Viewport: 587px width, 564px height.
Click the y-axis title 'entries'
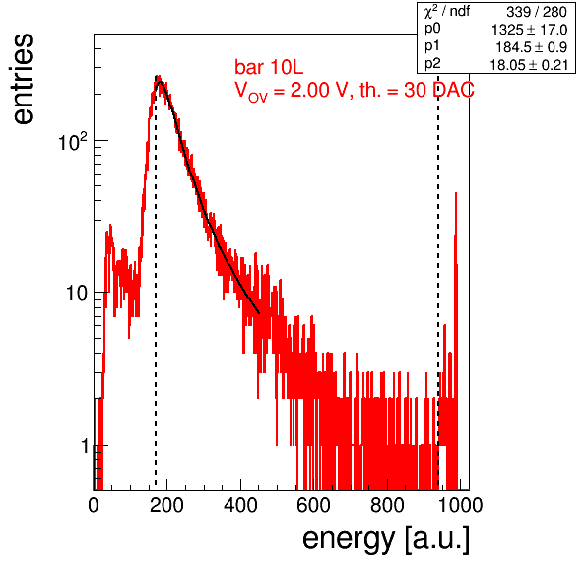tap(24, 79)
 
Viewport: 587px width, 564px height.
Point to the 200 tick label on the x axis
tap(166, 505)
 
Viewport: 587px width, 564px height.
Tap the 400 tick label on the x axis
tap(240, 505)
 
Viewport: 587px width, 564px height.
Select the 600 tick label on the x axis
tap(314, 505)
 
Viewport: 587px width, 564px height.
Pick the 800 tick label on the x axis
tap(387, 505)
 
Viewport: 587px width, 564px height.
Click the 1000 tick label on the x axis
tap(460, 505)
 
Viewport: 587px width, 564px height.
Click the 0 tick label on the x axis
tap(94, 505)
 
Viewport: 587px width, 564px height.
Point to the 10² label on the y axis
tap(73, 142)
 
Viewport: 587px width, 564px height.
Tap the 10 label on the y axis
tap(77, 293)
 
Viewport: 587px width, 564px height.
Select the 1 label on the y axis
tap(85, 446)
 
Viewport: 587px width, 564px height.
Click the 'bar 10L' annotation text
tap(269, 67)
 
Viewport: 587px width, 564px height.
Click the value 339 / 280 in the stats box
tap(537, 12)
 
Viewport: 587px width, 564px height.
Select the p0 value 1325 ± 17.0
tap(529, 30)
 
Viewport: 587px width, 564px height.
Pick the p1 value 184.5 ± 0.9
tap(531, 47)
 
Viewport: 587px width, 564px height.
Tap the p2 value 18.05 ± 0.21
tap(529, 65)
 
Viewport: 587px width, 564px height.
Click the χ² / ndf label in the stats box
tap(446, 11)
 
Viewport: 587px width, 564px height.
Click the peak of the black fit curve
tap(161, 81)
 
